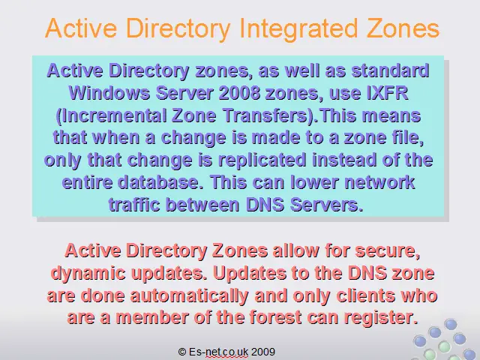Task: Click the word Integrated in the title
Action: tap(298, 29)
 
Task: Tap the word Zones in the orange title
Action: tap(403, 28)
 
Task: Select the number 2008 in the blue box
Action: tap(239, 92)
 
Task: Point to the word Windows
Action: tap(109, 92)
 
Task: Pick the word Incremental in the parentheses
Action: tap(112, 115)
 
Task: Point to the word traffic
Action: tap(134, 205)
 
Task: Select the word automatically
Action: tap(189, 295)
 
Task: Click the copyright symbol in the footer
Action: tap(181, 352)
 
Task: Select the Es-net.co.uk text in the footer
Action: tap(218, 352)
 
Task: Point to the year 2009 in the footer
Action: tap(263, 352)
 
